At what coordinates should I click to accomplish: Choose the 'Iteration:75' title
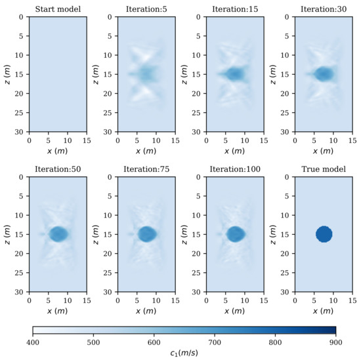coord(146,169)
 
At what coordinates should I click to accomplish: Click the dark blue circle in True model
coord(324,234)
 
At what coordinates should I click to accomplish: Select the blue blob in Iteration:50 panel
coord(58,234)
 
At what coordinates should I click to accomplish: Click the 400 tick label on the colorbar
coord(33,342)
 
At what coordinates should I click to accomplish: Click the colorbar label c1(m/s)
coord(184,353)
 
